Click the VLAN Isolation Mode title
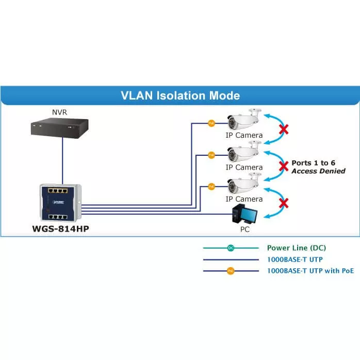coord(180,95)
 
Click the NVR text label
coord(59,111)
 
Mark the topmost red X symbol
coord(283,129)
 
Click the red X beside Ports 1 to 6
coord(283,166)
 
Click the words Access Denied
coord(318,171)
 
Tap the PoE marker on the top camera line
coord(211,123)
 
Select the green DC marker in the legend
coord(231,248)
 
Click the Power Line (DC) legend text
coord(297,248)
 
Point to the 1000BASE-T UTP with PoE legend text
coord(310,270)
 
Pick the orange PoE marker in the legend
coord(231,270)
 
